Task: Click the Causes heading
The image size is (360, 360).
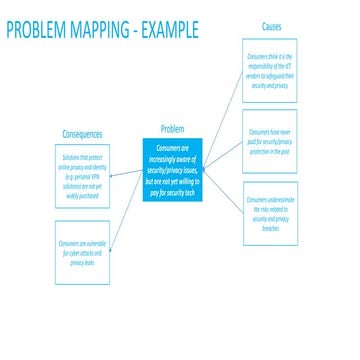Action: coord(271,27)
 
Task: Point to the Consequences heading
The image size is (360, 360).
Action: coord(83,133)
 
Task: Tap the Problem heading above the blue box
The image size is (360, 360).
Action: coord(171,129)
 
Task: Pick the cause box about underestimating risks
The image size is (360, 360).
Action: coord(270,213)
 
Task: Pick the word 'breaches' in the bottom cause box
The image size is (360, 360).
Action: coord(270,230)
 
